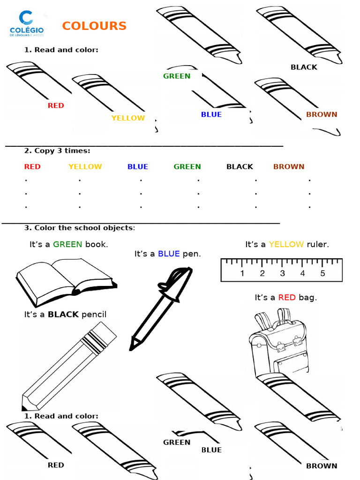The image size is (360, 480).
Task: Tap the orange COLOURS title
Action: (94, 26)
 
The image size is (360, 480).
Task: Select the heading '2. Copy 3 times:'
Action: (57, 151)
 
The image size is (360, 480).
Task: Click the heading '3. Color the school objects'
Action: (79, 228)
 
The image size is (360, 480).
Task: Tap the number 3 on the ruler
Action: (282, 274)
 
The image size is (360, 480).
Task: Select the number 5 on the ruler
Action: (322, 274)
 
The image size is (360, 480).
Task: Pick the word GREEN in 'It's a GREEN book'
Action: (67, 244)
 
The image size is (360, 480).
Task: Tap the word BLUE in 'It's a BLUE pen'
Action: (169, 254)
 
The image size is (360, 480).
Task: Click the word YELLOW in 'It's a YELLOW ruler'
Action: (286, 244)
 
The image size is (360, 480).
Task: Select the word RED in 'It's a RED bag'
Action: (287, 298)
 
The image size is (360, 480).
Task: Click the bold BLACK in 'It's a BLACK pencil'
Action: (63, 315)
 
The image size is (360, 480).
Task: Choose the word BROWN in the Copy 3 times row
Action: (289, 166)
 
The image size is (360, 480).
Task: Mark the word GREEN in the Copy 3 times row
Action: (187, 166)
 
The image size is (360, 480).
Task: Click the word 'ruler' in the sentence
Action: (318, 244)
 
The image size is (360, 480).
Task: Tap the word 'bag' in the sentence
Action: (308, 298)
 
